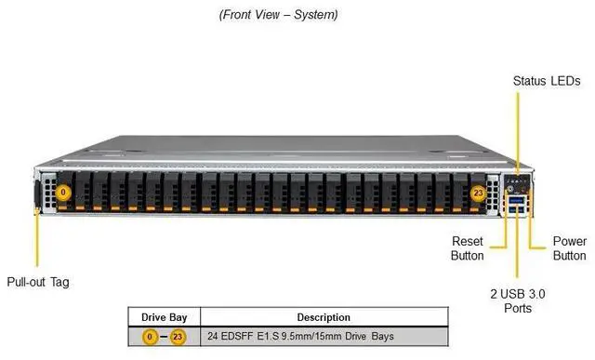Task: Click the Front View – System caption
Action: pyautogui.click(x=278, y=15)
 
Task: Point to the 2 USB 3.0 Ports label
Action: pyautogui.click(x=518, y=300)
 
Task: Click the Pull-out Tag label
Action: pyautogui.click(x=38, y=282)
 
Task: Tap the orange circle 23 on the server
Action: pyautogui.click(x=478, y=193)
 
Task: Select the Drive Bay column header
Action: pyautogui.click(x=165, y=317)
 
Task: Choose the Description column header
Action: pyautogui.click(x=324, y=317)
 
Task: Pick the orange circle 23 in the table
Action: pyautogui.click(x=178, y=335)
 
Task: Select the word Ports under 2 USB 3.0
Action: pyautogui.click(x=518, y=308)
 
